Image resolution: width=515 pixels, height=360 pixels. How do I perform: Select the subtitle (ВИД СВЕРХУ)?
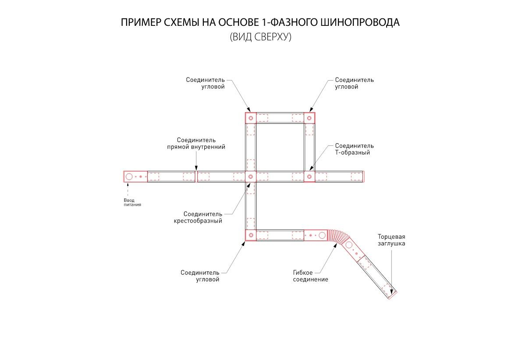pos(260,37)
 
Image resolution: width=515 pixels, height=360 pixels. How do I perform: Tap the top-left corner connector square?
pos(251,118)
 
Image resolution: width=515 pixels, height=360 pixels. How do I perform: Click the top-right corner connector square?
pos(309,118)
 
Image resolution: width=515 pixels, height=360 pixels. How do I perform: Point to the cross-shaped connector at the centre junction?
pos(251,176)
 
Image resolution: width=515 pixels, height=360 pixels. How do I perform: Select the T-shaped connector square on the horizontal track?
pos(309,176)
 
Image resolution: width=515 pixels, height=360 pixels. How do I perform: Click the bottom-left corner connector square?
pos(251,235)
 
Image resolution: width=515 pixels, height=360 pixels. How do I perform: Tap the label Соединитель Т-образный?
pos(355,149)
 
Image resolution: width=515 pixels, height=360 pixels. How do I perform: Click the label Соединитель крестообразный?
pos(198,217)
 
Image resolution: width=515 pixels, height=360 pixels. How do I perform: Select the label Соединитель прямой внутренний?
pos(196,143)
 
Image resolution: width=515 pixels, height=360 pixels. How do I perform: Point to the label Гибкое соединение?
pos(310,276)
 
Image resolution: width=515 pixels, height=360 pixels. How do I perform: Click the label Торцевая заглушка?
pos(391,240)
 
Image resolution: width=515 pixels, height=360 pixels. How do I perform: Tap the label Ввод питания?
pos(132,202)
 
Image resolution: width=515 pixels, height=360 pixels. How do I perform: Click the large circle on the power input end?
pos(129,176)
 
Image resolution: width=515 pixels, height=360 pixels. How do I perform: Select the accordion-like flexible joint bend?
pos(336,237)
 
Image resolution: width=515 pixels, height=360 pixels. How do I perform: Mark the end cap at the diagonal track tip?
pos(392,295)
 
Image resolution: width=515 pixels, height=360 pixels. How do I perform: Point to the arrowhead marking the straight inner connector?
pos(196,168)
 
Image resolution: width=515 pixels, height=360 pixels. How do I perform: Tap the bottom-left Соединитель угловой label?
pos(200,276)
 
